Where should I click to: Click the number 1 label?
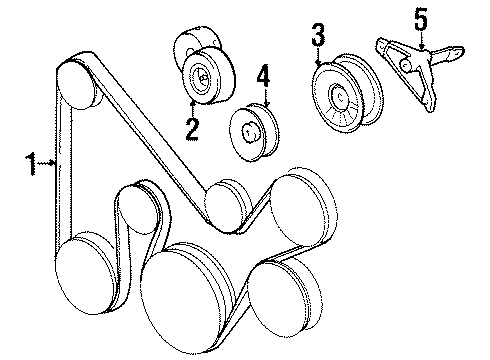(32, 160)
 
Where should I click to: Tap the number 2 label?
(190, 127)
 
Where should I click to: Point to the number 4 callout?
(263, 76)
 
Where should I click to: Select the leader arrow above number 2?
(191, 103)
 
